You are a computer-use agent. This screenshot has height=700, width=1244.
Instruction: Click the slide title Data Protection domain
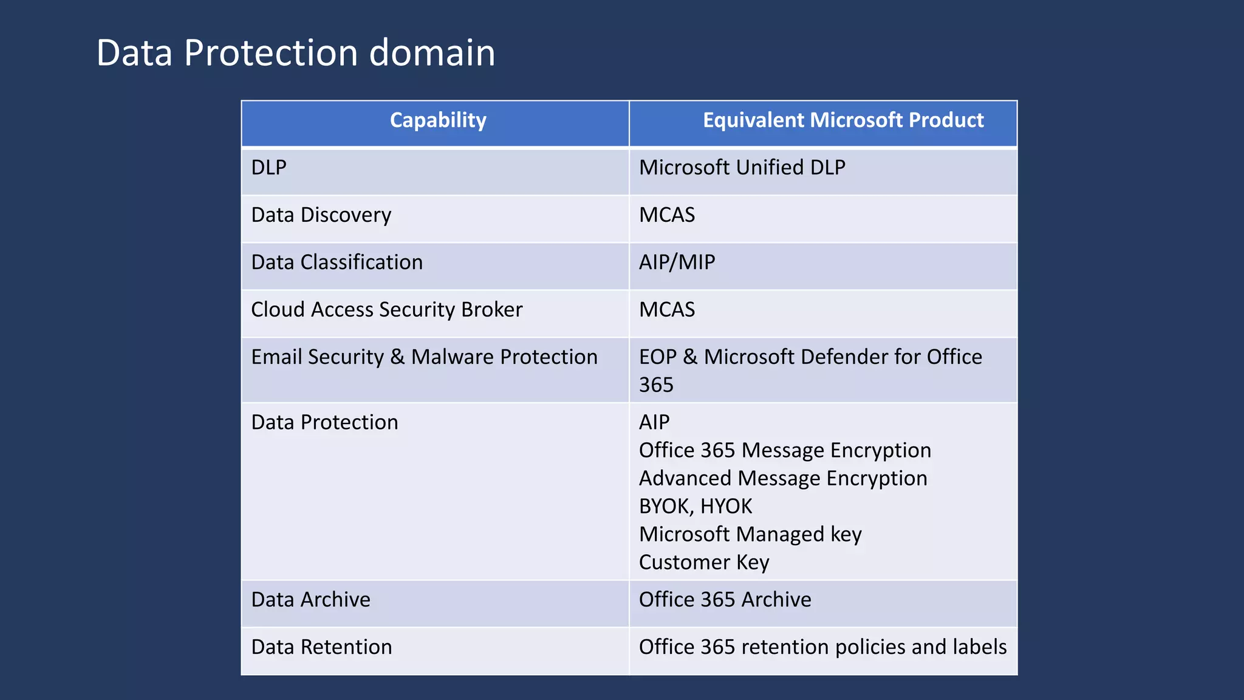point(295,53)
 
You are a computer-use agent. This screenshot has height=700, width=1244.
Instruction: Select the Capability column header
point(437,120)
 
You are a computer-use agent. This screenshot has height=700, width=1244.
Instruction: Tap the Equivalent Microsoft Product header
point(842,120)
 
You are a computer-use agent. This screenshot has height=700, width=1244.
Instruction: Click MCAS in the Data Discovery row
point(666,215)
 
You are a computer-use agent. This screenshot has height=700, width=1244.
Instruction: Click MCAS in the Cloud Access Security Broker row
point(666,310)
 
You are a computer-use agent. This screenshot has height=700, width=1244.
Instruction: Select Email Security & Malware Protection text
point(424,357)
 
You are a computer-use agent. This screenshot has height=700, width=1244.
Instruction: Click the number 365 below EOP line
point(656,385)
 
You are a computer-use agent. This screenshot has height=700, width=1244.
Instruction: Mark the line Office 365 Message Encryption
point(784,450)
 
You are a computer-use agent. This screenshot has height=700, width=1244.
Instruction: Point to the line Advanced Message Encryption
point(782,478)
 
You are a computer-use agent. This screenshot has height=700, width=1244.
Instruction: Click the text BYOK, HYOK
point(695,506)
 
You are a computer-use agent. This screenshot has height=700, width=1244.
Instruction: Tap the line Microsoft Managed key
point(750,534)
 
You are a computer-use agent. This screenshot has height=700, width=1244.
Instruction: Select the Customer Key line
point(703,562)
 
